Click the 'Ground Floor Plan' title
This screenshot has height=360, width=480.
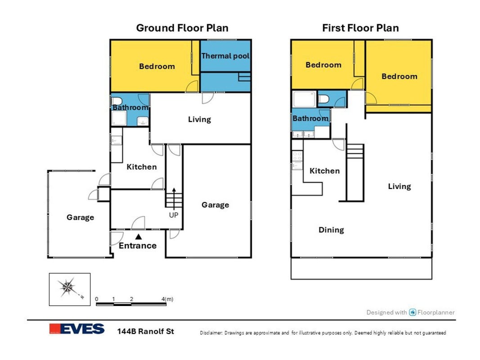[182, 28]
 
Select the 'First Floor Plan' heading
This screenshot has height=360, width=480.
[360, 28]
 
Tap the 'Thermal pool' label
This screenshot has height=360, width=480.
[225, 56]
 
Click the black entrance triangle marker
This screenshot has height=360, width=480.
[139, 237]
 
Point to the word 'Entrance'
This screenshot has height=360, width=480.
[138, 246]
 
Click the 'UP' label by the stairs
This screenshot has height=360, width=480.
[174, 215]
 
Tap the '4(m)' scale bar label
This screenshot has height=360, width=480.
[167, 299]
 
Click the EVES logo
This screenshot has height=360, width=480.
[77, 329]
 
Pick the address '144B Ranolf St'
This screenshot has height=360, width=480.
[146, 331]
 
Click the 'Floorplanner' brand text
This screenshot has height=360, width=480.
[436, 312]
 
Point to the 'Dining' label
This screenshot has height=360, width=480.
[331, 230]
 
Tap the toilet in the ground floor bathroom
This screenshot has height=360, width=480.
[117, 101]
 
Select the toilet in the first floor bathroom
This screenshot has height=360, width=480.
[323, 99]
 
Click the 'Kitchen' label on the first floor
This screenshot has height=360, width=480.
[324, 171]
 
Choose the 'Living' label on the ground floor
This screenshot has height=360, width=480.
[200, 119]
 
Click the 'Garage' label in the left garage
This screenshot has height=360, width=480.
[80, 217]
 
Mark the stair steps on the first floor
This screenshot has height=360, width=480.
[355, 151]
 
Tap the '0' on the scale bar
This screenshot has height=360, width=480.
[97, 299]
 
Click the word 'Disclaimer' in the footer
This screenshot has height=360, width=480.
[211, 333]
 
